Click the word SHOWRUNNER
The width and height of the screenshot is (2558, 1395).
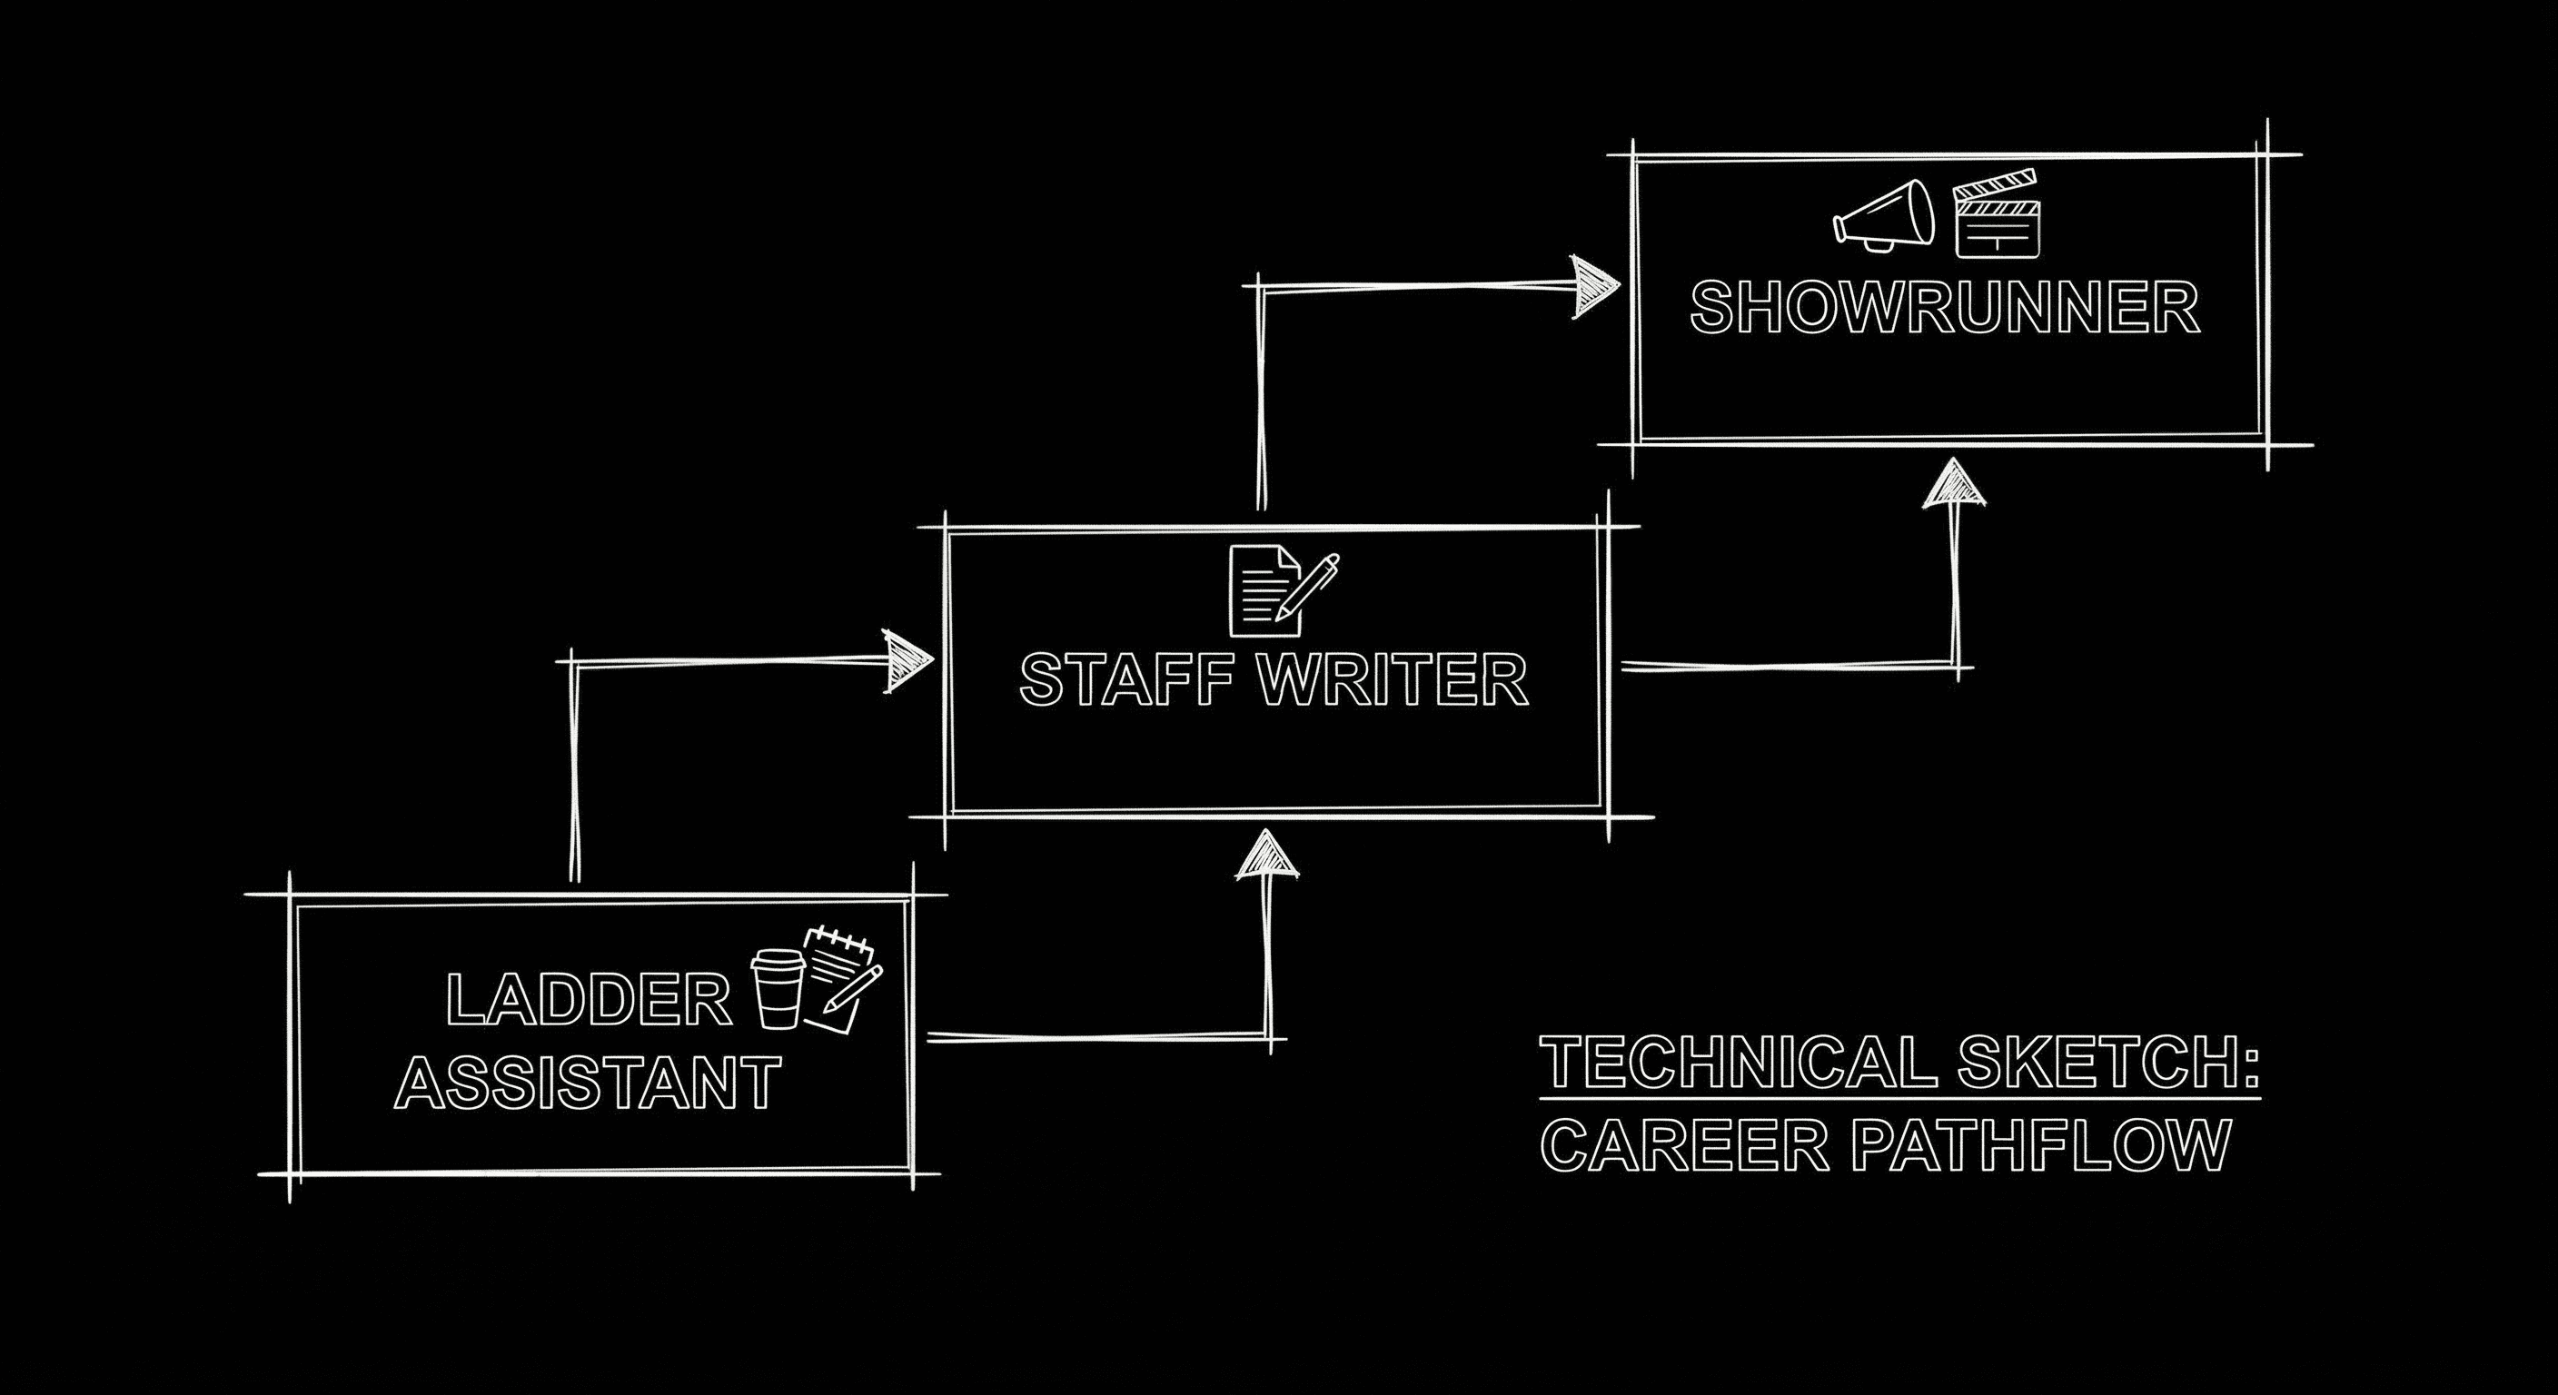pos(1944,308)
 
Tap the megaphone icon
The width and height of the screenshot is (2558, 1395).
pos(1884,215)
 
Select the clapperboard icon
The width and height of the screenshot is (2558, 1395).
pos(1995,215)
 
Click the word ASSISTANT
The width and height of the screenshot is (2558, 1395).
pos(589,1083)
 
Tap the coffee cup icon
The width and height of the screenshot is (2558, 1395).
pos(778,988)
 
